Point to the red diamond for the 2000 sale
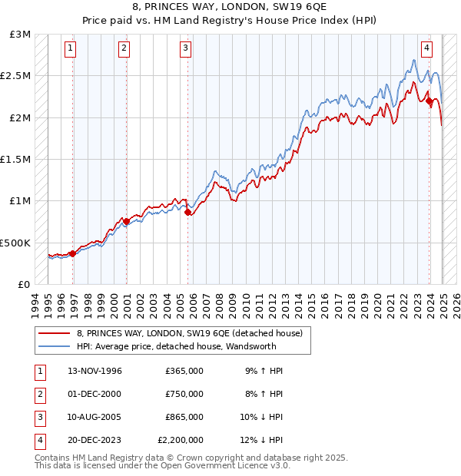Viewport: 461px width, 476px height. (126, 221)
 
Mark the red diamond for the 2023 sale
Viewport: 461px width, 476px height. (429, 100)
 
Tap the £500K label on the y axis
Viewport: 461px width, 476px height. (15, 243)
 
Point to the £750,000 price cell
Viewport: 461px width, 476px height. (184, 394)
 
